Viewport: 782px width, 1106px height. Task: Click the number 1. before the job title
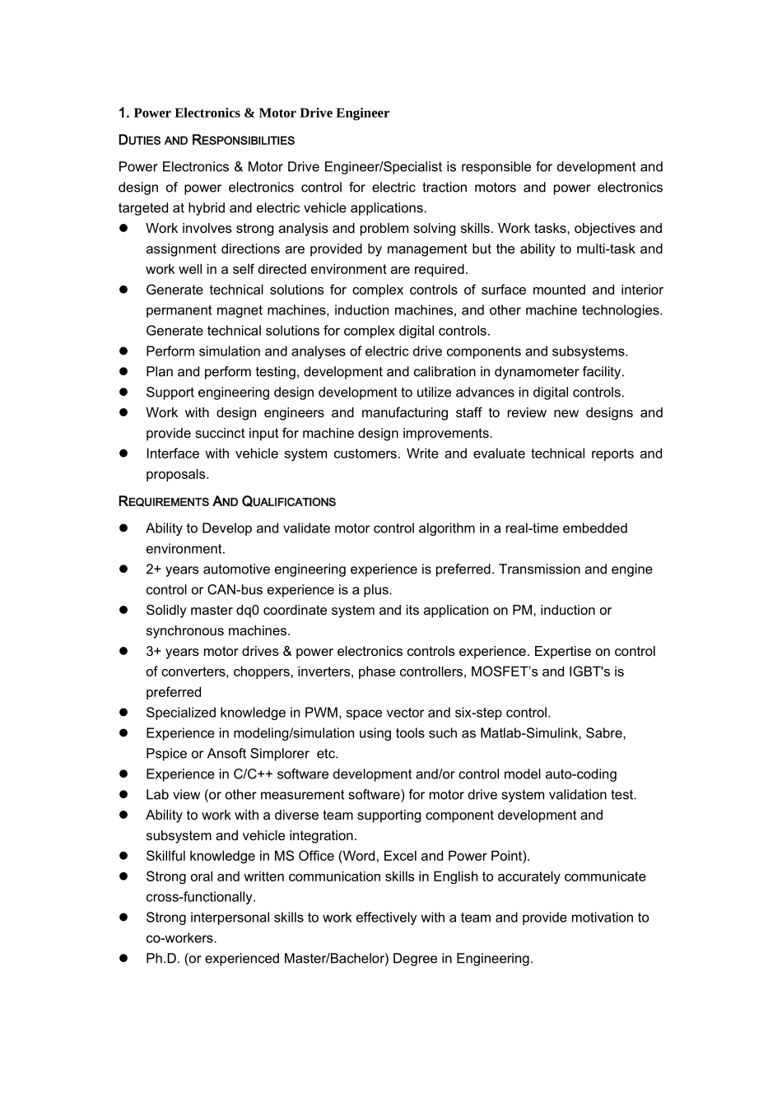coord(123,113)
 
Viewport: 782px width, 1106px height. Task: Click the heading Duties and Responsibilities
coord(206,140)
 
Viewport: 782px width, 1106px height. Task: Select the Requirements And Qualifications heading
coord(226,501)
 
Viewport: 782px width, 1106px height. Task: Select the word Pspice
coord(166,754)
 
